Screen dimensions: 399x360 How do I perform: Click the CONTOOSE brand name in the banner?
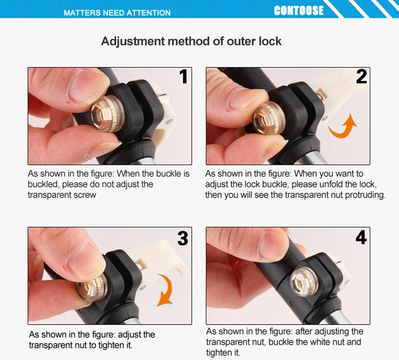[x=298, y=11]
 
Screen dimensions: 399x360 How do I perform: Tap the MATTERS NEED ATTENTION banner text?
[x=117, y=13]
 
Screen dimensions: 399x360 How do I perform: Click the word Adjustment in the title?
[x=133, y=41]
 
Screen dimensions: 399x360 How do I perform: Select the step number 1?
[x=183, y=76]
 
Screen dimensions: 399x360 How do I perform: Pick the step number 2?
[x=361, y=76]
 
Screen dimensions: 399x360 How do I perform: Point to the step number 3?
[x=183, y=239]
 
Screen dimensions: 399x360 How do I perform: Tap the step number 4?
[x=361, y=237]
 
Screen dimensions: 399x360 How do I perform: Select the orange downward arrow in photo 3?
[x=165, y=290]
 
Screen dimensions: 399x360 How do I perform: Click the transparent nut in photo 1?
[x=108, y=114]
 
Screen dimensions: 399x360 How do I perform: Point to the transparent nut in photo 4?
[x=305, y=282]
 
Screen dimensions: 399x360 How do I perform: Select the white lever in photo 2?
[x=333, y=97]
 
